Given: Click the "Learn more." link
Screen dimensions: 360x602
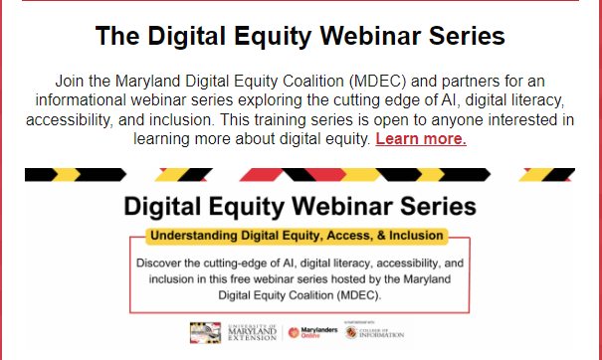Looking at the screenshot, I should coord(421,139).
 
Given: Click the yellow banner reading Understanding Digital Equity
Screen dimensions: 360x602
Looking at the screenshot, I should coord(299,238).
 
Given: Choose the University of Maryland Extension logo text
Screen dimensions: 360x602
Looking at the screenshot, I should coord(250,333).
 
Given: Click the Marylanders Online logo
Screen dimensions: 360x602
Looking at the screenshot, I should coord(308,333).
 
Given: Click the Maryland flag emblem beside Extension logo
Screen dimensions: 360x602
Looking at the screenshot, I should coord(205,333).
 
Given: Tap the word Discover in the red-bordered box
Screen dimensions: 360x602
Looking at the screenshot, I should coord(161,265).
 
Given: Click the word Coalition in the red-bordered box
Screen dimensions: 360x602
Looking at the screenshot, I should coord(303,296).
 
